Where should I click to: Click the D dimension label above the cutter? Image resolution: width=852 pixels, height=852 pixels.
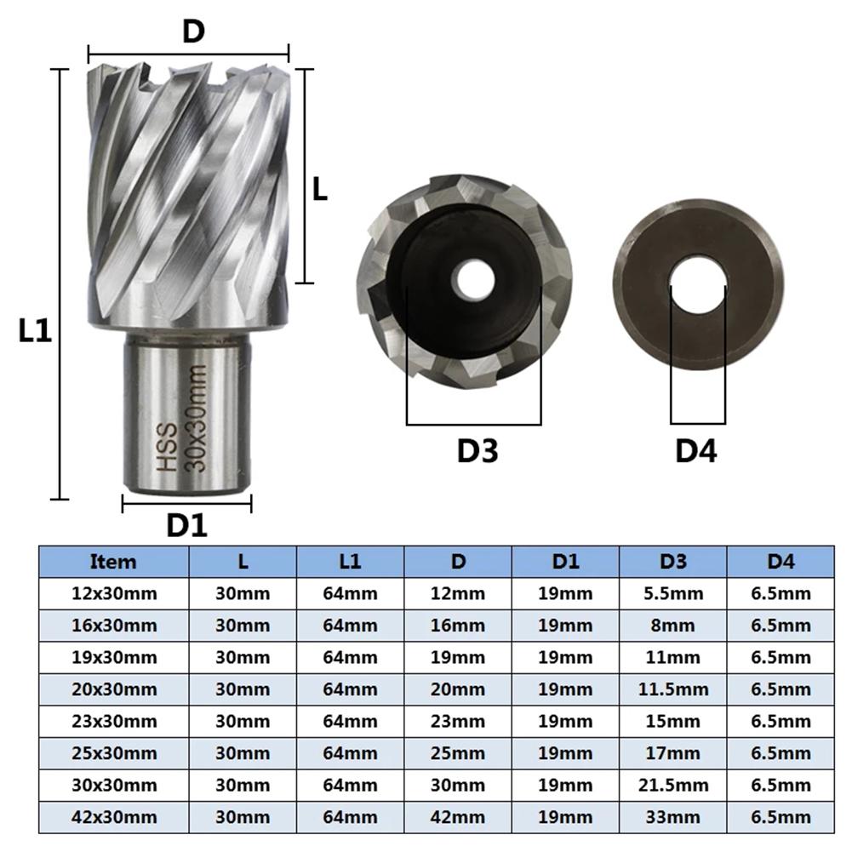click(x=192, y=31)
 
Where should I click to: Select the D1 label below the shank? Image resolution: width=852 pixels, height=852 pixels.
click(x=186, y=525)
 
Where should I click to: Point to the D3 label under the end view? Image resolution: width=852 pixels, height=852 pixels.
click(x=477, y=451)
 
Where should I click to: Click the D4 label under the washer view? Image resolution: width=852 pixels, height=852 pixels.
click(x=696, y=451)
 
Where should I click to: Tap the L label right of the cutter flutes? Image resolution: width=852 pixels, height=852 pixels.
click(x=319, y=189)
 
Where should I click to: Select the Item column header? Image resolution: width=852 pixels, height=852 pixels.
click(x=113, y=562)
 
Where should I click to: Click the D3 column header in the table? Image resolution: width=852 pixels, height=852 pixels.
click(x=673, y=562)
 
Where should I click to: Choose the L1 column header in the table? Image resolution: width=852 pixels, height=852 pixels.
click(x=350, y=562)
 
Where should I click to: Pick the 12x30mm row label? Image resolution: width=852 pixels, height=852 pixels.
click(x=114, y=593)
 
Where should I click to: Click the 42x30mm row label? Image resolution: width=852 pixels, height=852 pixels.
click(x=114, y=818)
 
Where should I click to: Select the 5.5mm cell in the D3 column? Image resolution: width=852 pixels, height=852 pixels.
click(x=673, y=593)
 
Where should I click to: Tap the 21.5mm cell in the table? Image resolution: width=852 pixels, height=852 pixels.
click(x=673, y=786)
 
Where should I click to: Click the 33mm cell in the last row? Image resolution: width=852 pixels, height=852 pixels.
click(x=673, y=818)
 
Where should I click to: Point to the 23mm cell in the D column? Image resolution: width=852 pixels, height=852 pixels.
click(x=458, y=722)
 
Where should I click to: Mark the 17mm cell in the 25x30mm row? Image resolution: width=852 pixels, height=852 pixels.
click(x=673, y=753)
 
